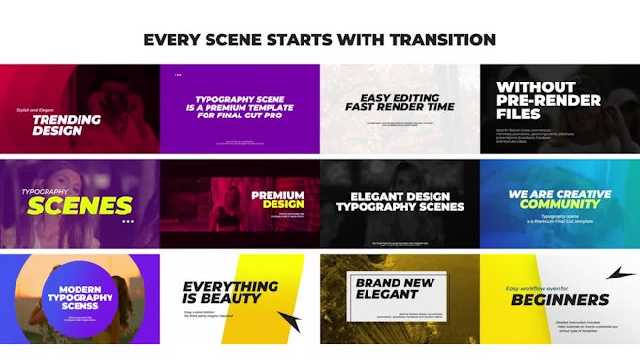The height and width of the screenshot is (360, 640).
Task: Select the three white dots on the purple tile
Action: click(177, 74)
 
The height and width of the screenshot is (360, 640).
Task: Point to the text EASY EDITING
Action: click(400, 97)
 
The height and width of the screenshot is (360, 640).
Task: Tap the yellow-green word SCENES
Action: click(79, 205)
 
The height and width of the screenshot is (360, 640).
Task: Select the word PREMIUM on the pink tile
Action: click(278, 195)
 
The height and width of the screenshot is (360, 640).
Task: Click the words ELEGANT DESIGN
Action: click(400, 195)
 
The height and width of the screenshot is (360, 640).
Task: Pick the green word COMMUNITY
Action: click(560, 205)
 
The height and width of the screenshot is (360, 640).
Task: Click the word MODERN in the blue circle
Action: click(81, 290)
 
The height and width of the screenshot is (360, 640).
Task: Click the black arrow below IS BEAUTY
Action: click(289, 322)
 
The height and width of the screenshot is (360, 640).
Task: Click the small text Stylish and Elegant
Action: click(36, 111)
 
